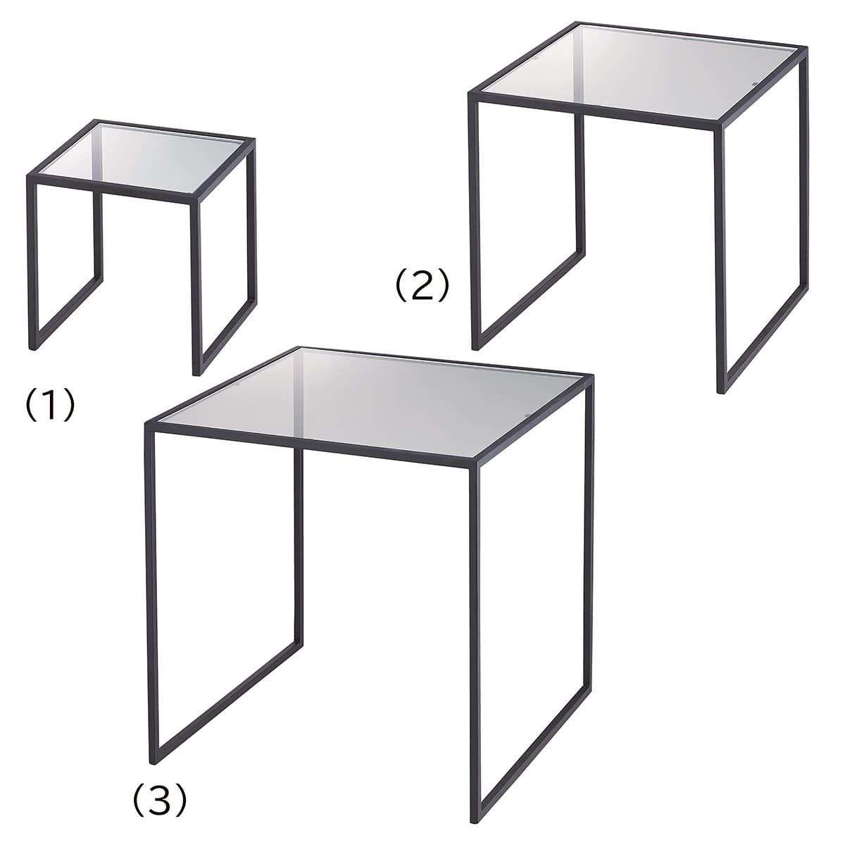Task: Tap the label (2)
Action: click(x=423, y=285)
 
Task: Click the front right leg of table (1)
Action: click(x=196, y=289)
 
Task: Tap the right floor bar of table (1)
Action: click(x=225, y=338)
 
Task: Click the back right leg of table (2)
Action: click(x=803, y=175)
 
